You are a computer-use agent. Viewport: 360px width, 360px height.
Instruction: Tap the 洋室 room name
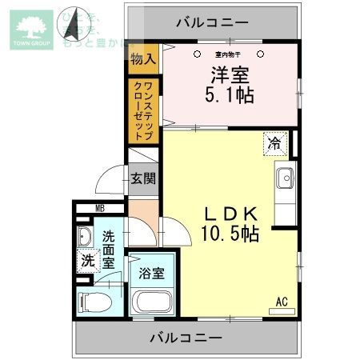[x=230, y=77]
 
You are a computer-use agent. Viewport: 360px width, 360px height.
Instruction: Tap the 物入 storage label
[x=144, y=58]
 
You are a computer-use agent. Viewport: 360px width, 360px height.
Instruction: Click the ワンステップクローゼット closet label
[x=144, y=108]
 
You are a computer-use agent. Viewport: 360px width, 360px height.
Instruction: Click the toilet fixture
[x=91, y=302]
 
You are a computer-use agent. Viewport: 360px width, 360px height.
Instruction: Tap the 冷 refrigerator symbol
[x=274, y=144]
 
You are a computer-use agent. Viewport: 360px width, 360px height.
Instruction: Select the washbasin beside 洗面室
[x=86, y=237]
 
